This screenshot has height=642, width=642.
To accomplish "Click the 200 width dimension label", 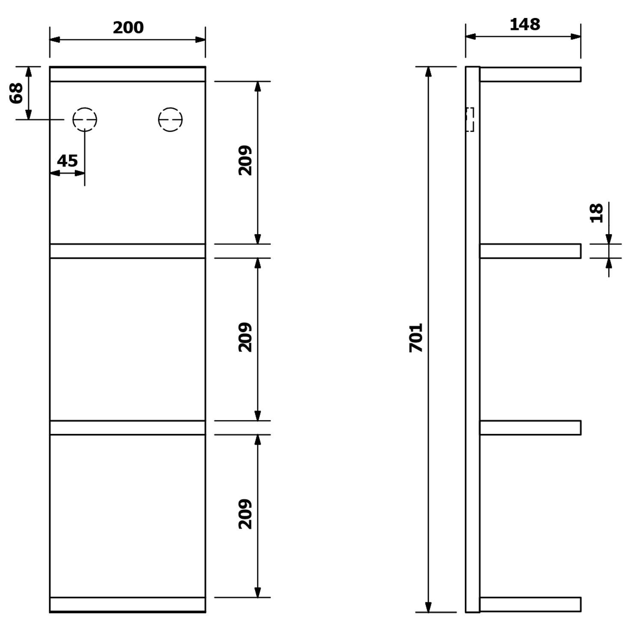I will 128,28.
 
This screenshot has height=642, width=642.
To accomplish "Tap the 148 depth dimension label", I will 525,24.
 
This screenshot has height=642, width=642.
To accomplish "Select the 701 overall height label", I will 416,338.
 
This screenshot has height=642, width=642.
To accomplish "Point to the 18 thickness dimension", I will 596,213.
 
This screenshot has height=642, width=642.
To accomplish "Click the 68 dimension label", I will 16,93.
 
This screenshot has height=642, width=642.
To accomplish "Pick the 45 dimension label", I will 67,161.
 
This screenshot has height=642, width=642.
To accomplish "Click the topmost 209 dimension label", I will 245,160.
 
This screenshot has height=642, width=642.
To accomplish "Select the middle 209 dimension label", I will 245,337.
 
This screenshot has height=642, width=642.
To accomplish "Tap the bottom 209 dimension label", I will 245,514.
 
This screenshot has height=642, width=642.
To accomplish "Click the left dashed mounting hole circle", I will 85,119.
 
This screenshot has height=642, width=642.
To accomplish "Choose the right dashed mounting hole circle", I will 170,119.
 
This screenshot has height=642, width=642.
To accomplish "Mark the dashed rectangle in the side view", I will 470,119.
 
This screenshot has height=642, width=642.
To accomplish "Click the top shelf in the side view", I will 530,74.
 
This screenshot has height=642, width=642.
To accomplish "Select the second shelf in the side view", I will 530,251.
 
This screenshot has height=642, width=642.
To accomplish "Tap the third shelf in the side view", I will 530,428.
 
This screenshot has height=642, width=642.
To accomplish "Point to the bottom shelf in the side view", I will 530,604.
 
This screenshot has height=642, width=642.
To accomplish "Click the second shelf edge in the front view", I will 128,251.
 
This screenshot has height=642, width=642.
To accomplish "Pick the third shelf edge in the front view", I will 128,428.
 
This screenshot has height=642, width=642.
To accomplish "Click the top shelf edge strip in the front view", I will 128,74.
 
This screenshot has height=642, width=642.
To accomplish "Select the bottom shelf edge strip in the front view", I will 128,604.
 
